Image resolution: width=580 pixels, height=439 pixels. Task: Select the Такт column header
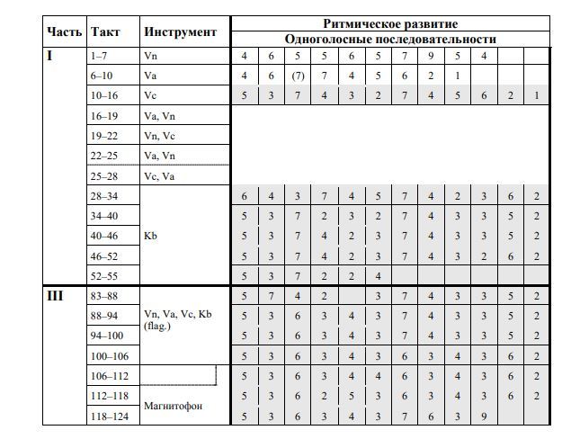(105, 31)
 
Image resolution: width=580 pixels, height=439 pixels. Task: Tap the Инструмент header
(180, 31)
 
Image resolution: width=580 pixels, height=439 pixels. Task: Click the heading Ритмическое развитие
(390, 23)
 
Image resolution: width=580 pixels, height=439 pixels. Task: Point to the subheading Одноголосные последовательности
(390, 39)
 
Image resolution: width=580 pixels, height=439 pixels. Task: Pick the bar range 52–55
(104, 275)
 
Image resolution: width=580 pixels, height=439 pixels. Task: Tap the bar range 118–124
(109, 417)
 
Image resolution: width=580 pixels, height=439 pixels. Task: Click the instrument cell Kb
(150, 236)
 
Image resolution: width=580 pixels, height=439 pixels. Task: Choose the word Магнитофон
(174, 407)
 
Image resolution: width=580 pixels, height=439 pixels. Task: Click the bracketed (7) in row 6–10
(298, 76)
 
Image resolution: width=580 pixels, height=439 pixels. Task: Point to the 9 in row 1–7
(431, 56)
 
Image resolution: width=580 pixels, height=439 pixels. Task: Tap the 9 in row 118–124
(484, 417)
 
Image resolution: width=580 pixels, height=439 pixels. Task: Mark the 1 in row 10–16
(537, 95)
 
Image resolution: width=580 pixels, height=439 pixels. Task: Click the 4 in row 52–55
(378, 275)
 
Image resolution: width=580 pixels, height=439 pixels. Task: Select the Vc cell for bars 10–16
(150, 95)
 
